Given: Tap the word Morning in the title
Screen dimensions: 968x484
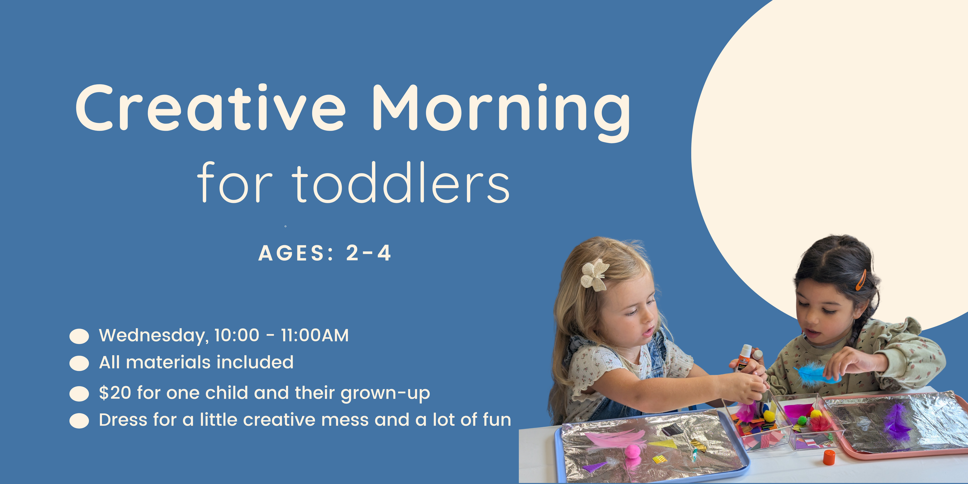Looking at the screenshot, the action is pyautogui.click(x=501, y=113).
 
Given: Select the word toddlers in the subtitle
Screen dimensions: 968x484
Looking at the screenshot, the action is pyautogui.click(x=401, y=183).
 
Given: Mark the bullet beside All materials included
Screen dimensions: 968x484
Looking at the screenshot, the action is pyautogui.click(x=79, y=363).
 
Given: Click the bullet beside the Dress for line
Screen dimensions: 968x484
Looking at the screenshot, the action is pyautogui.click(x=79, y=421).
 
